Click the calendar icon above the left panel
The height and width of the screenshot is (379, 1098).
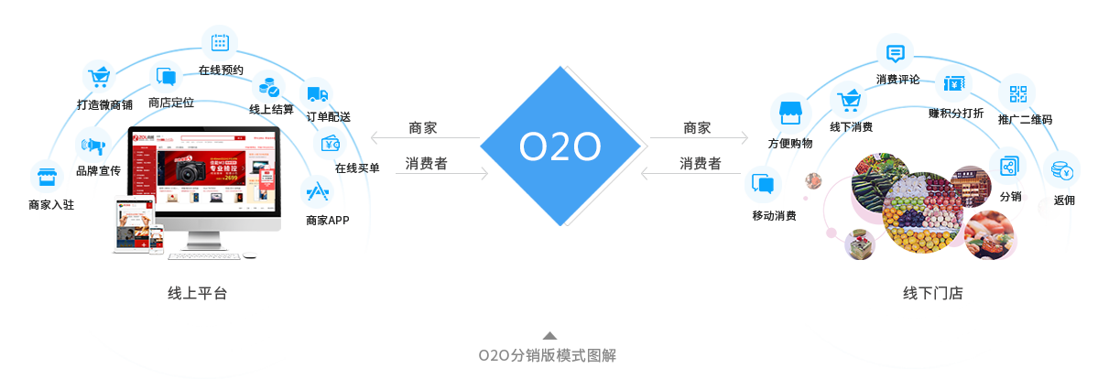point(220,42)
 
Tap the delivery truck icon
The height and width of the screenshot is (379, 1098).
point(316,94)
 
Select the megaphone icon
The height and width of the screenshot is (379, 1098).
point(92,145)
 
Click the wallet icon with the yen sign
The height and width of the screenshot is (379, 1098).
point(331,144)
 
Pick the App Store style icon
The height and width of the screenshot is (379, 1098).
point(318,192)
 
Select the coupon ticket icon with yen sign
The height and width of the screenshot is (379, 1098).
point(952,84)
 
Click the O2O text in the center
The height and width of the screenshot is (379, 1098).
point(559,146)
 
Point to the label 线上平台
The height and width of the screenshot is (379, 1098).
point(197,294)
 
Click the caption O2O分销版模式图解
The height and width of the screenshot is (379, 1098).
point(548,355)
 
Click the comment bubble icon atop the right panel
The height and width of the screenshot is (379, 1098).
point(895,52)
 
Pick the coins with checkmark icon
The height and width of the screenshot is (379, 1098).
point(270,88)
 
